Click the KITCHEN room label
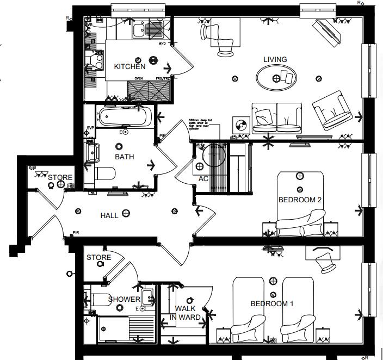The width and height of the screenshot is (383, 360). [129, 66]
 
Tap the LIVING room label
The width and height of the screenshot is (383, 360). [275, 59]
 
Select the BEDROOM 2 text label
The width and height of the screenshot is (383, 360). [300, 200]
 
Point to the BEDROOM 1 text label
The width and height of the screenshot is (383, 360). [271, 303]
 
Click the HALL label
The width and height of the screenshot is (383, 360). [109, 215]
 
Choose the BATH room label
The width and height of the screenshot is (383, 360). [124, 157]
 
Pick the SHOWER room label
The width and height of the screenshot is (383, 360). [124, 299]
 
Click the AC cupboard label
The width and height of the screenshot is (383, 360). [203, 178]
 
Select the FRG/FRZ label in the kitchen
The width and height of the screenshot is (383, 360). [162, 78]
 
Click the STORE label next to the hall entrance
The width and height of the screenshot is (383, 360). [60, 178]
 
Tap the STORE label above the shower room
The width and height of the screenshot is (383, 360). [98, 257]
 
